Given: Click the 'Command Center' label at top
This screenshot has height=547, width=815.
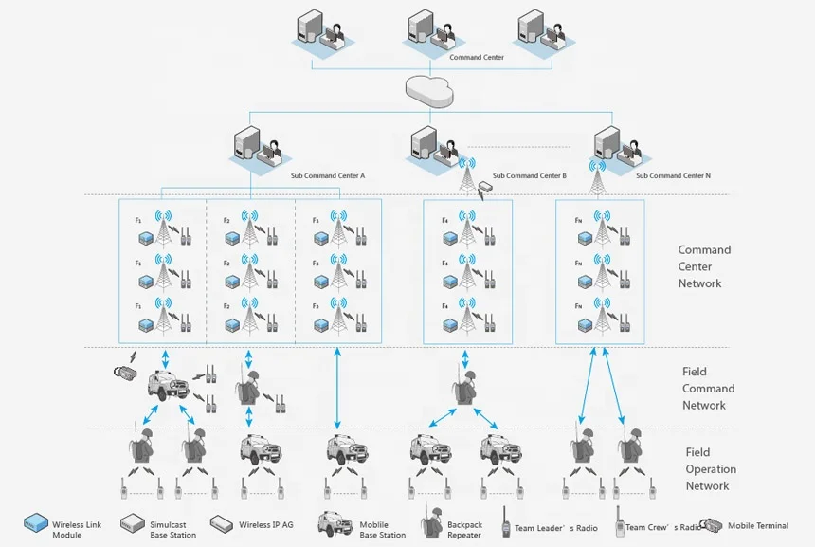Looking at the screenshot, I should click(477, 58).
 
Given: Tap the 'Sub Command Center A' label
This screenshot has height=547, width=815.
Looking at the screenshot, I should click(328, 175).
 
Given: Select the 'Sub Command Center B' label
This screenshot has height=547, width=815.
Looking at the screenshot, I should click(530, 175).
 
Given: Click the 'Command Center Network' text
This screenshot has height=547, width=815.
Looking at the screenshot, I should click(704, 266).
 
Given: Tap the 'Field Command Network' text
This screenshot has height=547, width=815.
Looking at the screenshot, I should click(708, 389).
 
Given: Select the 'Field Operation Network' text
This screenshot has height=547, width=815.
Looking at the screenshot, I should click(710, 469).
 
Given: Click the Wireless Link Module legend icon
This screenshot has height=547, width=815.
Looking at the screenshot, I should click(36, 522).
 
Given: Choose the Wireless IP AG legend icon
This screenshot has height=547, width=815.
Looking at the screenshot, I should click(222, 522).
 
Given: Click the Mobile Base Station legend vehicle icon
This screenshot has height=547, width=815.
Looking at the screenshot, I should click(333, 522).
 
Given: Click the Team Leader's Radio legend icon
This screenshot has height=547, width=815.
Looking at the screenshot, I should click(506, 524).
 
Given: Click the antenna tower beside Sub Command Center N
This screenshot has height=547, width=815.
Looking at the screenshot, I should click(597, 177).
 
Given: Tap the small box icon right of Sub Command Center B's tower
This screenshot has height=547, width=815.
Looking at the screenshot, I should click(488, 187).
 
